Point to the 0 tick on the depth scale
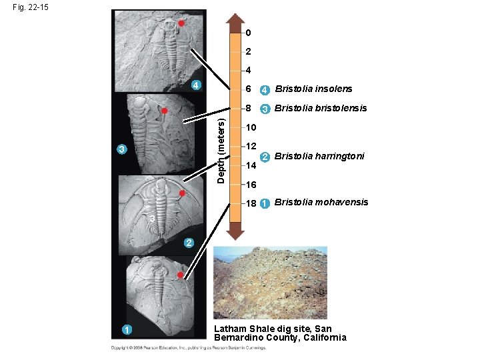[x=248, y=33]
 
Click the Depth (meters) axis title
[x=221, y=148]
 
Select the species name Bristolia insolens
[x=313, y=89]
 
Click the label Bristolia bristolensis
[x=321, y=108]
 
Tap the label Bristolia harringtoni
[x=319, y=156]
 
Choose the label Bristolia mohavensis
[x=321, y=202]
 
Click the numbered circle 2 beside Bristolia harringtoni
[x=265, y=157]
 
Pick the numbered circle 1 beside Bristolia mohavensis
[x=265, y=203]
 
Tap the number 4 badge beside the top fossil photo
[x=196, y=84]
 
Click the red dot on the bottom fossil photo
[x=180, y=274]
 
